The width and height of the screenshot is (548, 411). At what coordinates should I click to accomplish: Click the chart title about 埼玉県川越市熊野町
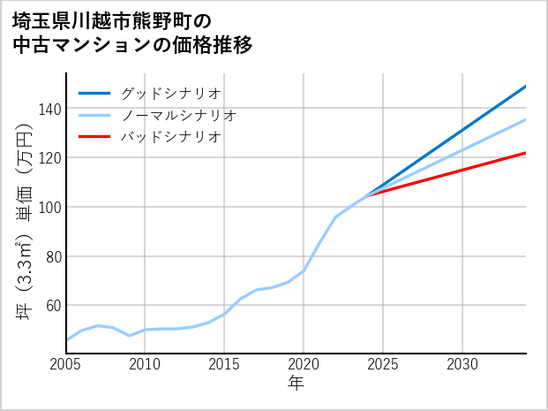click(132, 32)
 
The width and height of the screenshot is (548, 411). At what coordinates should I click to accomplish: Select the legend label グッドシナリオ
click(170, 93)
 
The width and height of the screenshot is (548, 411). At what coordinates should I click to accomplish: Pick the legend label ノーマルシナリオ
click(178, 115)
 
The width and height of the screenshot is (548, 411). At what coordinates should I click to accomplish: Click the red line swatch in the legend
click(94, 137)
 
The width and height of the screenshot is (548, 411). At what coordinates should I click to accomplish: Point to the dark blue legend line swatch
click(94, 93)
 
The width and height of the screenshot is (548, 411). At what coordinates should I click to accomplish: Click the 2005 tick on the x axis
click(66, 364)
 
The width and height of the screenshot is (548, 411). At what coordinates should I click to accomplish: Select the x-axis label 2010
click(146, 364)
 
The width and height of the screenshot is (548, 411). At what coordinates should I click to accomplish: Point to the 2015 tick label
click(225, 364)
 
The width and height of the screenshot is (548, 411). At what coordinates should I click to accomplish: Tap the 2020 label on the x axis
click(304, 364)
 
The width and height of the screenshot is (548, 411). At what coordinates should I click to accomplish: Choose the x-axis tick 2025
click(383, 364)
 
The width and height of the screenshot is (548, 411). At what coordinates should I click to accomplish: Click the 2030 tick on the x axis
click(462, 364)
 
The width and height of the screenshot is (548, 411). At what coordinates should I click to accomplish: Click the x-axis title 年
click(297, 384)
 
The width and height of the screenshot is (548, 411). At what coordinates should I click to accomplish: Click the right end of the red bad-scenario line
click(525, 153)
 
